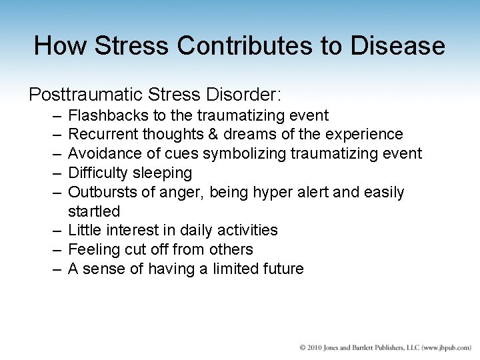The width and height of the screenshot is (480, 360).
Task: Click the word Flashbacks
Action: pos(104,115)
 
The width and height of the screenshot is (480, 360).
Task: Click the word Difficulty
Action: pos(97,173)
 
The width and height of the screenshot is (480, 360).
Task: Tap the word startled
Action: pos(94,211)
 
